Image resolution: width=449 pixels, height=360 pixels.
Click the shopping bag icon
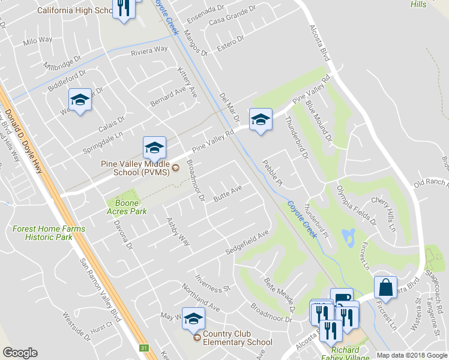coord(385,287)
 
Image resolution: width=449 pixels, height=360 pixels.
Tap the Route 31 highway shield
coord(143,347)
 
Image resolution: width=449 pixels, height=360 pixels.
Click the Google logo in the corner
coord(20,353)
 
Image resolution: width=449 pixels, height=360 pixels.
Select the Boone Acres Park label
coord(127,207)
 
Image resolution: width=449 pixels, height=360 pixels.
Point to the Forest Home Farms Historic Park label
coord(49,233)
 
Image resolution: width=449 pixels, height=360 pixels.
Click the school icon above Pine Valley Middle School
coord(154,148)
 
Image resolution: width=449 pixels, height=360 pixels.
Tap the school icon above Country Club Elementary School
coord(193,319)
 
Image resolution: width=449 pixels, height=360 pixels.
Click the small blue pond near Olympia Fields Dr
coord(348,238)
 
